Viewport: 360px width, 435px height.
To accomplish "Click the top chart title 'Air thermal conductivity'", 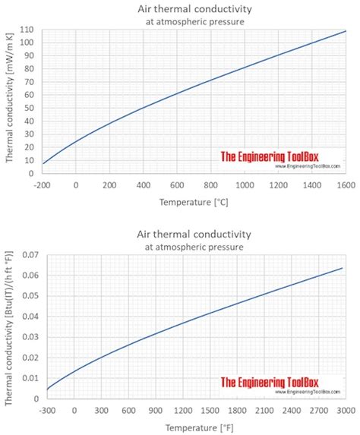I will (x=194, y=8).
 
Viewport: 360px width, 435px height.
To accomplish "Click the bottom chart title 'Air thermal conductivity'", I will (x=194, y=234).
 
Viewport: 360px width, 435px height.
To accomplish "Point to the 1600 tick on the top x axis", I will (x=346, y=184).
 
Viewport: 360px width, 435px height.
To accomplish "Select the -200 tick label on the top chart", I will (x=43, y=184).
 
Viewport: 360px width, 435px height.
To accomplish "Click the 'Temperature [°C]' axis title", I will (x=194, y=203).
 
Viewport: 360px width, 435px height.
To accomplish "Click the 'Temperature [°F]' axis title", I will (x=194, y=428).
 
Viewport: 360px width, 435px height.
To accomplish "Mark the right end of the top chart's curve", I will (x=346, y=31).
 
